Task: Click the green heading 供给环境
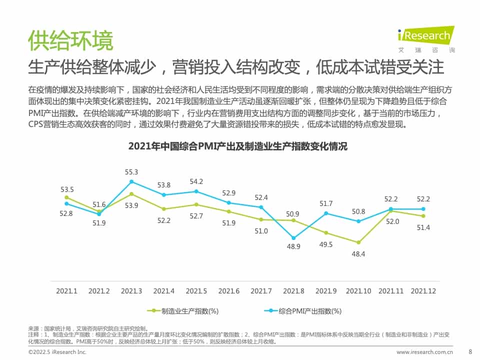tap(70, 40)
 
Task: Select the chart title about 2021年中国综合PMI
tap(237, 146)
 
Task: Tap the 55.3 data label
tap(131, 172)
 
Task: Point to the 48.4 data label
tap(358, 254)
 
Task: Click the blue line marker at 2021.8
tap(293, 238)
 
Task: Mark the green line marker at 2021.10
tap(358, 242)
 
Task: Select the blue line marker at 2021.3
tap(131, 181)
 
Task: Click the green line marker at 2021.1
tap(66, 197)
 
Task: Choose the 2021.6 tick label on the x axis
tap(228, 290)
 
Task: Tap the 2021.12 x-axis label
tap(423, 290)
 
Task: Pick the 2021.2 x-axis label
tap(99, 290)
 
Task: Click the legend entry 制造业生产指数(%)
tap(184, 310)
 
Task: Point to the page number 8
tap(469, 351)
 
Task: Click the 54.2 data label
tap(196, 181)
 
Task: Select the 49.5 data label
tap(326, 244)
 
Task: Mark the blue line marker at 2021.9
tap(326, 213)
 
